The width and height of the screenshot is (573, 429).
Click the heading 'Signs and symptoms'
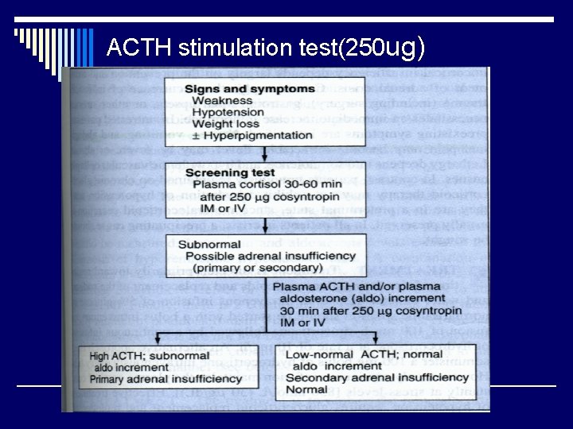pyautogui.click(x=249, y=89)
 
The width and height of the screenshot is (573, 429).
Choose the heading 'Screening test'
pyautogui.click(x=229, y=172)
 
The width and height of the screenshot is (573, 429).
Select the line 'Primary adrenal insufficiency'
pyautogui.click(x=166, y=380)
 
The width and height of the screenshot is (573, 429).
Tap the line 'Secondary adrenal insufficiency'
pyautogui.click(x=378, y=379)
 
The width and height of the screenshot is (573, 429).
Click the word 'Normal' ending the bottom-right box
pyautogui.click(x=306, y=391)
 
